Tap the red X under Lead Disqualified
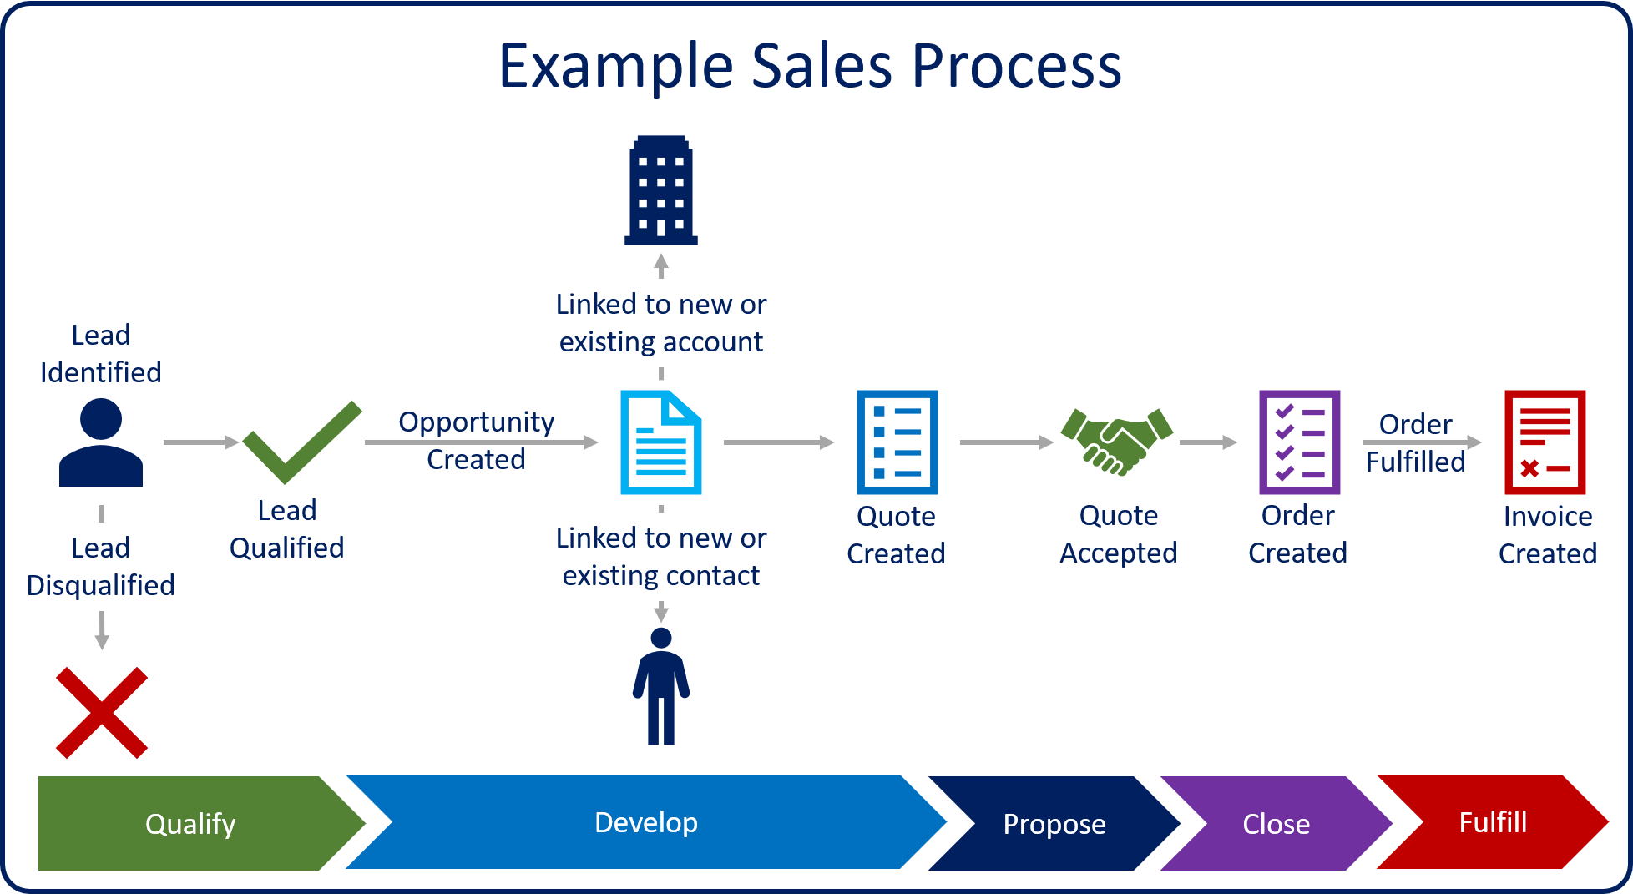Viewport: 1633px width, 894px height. point(101,712)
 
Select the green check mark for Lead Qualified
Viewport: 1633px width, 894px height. point(301,442)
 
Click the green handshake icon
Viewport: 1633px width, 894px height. point(1116,442)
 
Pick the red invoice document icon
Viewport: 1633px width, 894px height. point(1545,442)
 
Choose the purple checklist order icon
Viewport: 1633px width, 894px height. point(1299,442)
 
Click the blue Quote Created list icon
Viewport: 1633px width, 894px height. point(897,442)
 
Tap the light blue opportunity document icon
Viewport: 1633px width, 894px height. point(660,442)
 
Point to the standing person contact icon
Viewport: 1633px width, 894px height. point(660,686)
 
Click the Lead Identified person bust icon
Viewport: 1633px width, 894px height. point(101,442)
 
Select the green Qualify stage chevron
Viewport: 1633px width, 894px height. point(190,823)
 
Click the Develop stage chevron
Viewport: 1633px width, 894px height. point(645,822)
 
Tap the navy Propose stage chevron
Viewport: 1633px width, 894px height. point(1054,823)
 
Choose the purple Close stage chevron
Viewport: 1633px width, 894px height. point(1276,823)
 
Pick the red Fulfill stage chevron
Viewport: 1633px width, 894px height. point(1492,822)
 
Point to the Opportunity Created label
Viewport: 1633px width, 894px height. point(476,440)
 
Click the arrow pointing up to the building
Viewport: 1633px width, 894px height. point(660,265)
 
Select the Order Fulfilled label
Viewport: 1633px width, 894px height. point(1415,442)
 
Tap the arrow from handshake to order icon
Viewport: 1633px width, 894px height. point(1208,442)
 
